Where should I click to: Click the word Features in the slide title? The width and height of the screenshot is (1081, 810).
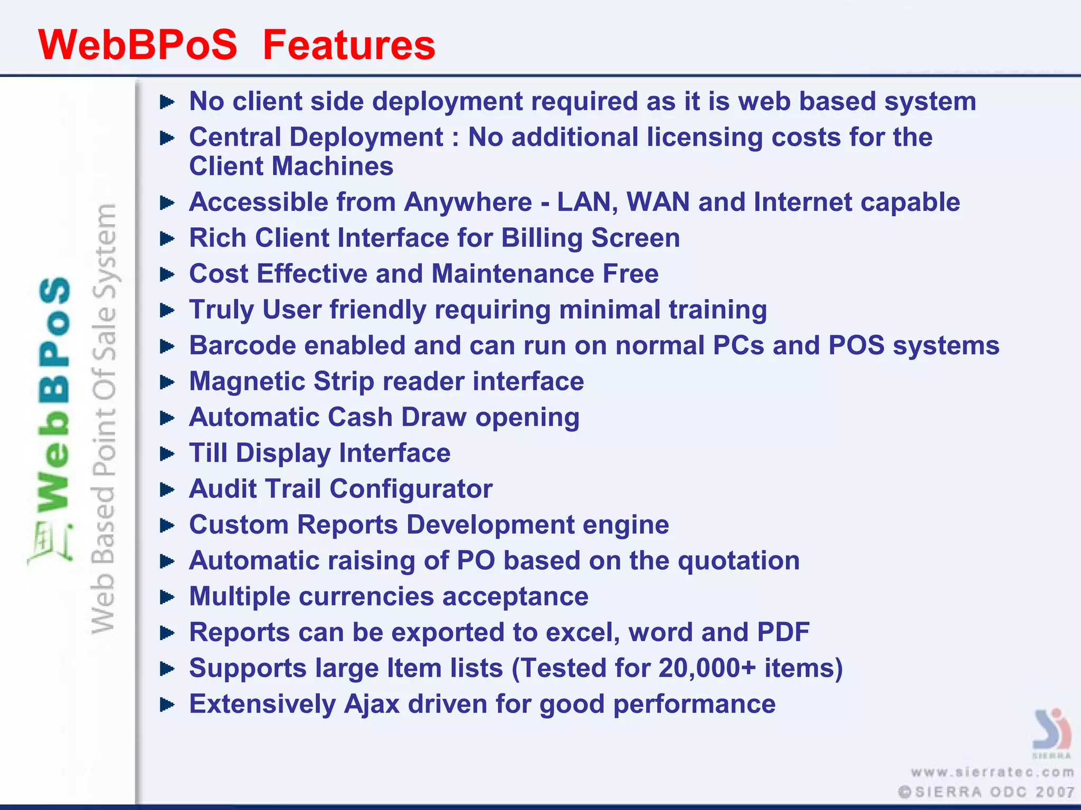(349, 45)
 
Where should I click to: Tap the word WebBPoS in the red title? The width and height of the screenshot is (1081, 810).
(138, 45)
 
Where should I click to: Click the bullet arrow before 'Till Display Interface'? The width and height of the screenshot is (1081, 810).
(167, 454)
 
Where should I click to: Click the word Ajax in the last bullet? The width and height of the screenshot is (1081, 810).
(372, 704)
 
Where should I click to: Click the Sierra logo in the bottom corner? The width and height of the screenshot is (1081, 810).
(1051, 730)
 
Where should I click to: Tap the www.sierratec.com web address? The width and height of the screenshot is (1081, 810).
(992, 773)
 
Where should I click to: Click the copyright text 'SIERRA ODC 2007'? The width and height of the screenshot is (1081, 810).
(987, 792)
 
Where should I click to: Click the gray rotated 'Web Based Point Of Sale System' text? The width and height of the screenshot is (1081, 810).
(103, 419)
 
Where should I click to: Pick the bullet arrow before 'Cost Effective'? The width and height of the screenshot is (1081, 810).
(167, 274)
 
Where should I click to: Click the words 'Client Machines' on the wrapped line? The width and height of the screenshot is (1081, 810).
(291, 167)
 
